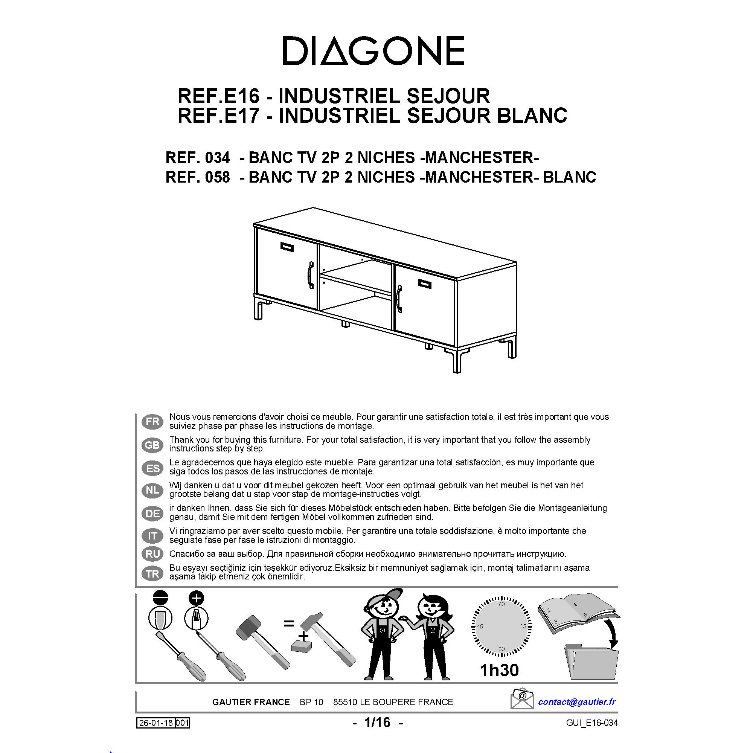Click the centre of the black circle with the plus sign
[x=196, y=598]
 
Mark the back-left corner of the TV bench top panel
[x=313, y=208]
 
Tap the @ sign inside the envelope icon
[x=523, y=695]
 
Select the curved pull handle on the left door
[x=311, y=275]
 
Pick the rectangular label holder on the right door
[x=425, y=284]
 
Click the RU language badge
[x=152, y=553]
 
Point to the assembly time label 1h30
[x=499, y=670]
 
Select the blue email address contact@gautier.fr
[x=576, y=701]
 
